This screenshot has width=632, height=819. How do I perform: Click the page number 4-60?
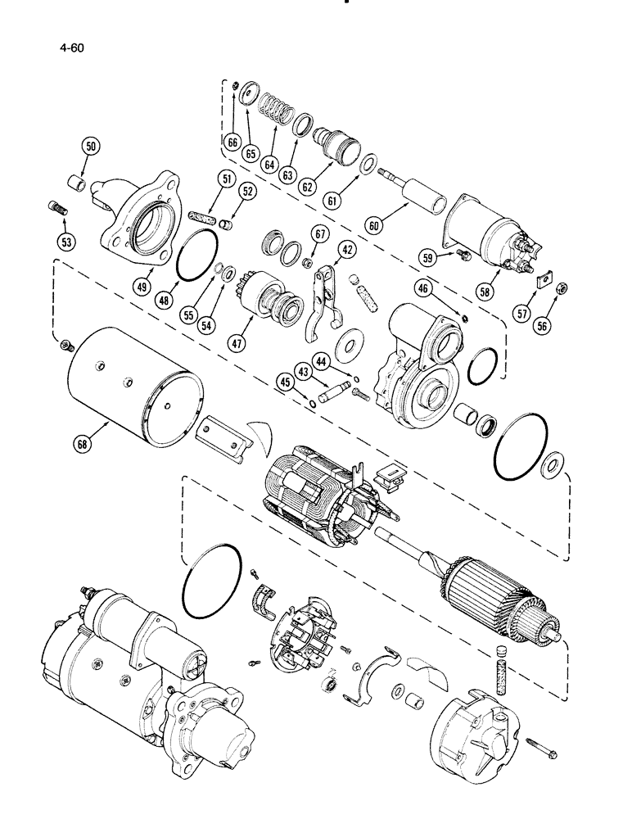tap(72, 48)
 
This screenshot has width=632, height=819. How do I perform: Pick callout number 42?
tap(347, 251)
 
